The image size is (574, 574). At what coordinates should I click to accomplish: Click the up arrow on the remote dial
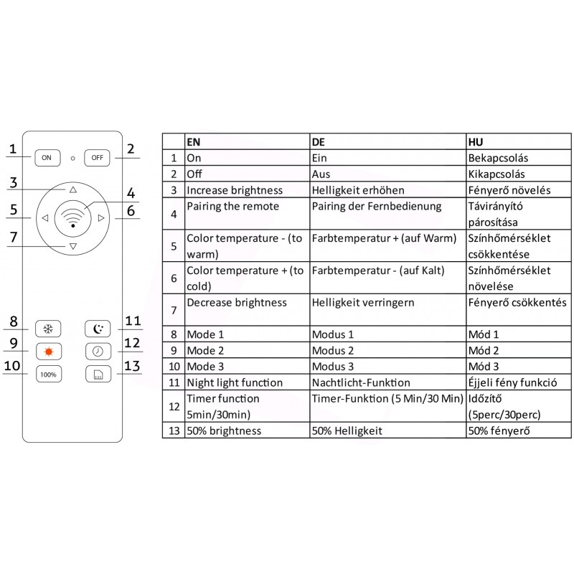click(73, 190)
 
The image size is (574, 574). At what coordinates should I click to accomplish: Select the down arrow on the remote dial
click(73, 246)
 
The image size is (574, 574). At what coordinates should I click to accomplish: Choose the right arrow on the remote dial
click(102, 218)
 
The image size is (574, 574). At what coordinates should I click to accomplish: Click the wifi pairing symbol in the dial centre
click(73, 217)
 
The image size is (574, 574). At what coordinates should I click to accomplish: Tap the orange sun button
click(48, 351)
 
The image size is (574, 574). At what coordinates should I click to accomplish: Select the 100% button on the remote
click(48, 374)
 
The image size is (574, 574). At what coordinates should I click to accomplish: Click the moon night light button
click(98, 329)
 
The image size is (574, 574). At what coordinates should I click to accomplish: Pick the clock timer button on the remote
click(98, 351)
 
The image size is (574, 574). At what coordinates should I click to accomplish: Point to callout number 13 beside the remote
click(132, 366)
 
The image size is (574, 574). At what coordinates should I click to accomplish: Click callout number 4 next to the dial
click(131, 194)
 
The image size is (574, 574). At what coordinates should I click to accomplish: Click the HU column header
click(475, 141)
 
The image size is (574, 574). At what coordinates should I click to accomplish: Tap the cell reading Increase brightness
click(234, 191)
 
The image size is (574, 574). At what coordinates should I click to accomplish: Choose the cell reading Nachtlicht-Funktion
click(361, 383)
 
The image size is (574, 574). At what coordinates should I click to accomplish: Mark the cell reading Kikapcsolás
click(497, 174)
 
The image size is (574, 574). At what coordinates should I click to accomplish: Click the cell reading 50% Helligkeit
click(347, 431)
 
